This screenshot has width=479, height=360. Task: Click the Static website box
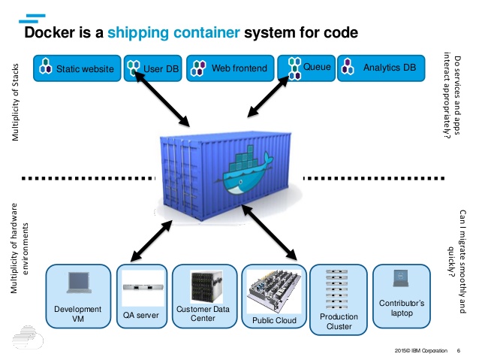coord(77,68)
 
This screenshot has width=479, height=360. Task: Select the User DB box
coord(153,68)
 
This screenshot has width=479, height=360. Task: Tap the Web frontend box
coord(230,68)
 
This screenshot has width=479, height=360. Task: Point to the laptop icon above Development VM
coord(78,282)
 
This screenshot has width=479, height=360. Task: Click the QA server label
coord(142,316)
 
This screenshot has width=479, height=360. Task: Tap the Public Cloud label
coord(275,321)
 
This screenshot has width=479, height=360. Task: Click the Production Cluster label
coord(339,322)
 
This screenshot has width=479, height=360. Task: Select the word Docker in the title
coord(54,33)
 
